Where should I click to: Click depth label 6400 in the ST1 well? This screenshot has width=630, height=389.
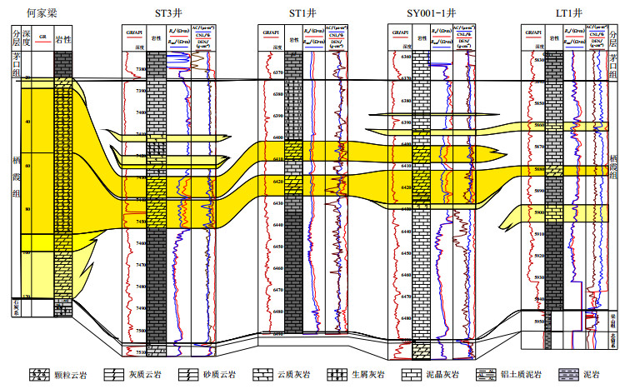point(276,137)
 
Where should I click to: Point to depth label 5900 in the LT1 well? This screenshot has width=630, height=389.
point(538,213)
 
